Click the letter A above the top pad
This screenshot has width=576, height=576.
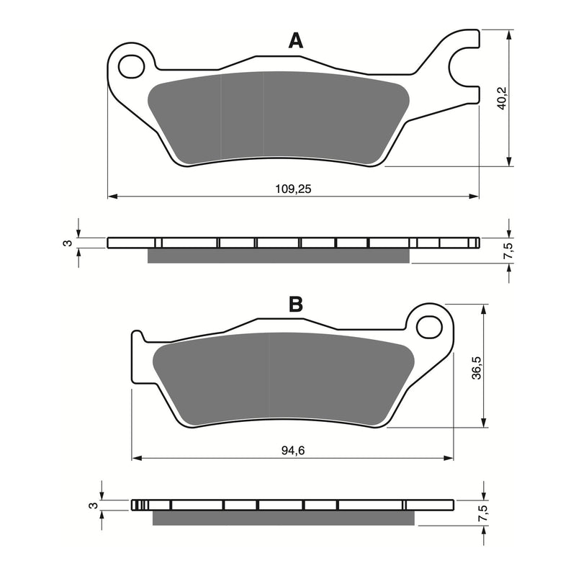click(x=295, y=42)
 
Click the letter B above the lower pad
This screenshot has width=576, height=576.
click(x=296, y=305)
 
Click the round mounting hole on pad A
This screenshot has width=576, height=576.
click(x=131, y=67)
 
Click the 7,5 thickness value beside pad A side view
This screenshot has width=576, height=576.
click(x=508, y=251)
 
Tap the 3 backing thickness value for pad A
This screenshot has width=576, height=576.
click(x=67, y=243)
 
